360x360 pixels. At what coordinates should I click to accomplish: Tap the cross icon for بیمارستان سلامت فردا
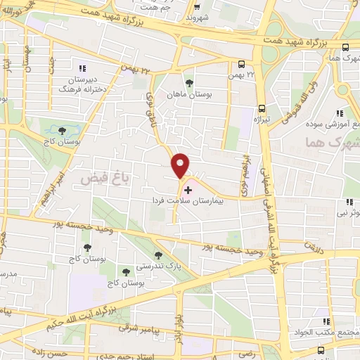(x=188, y=190)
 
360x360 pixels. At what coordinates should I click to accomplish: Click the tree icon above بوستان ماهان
(x=188, y=82)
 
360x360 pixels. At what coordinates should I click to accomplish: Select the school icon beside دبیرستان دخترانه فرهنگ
(x=82, y=69)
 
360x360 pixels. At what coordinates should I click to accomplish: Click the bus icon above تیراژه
(x=262, y=108)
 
